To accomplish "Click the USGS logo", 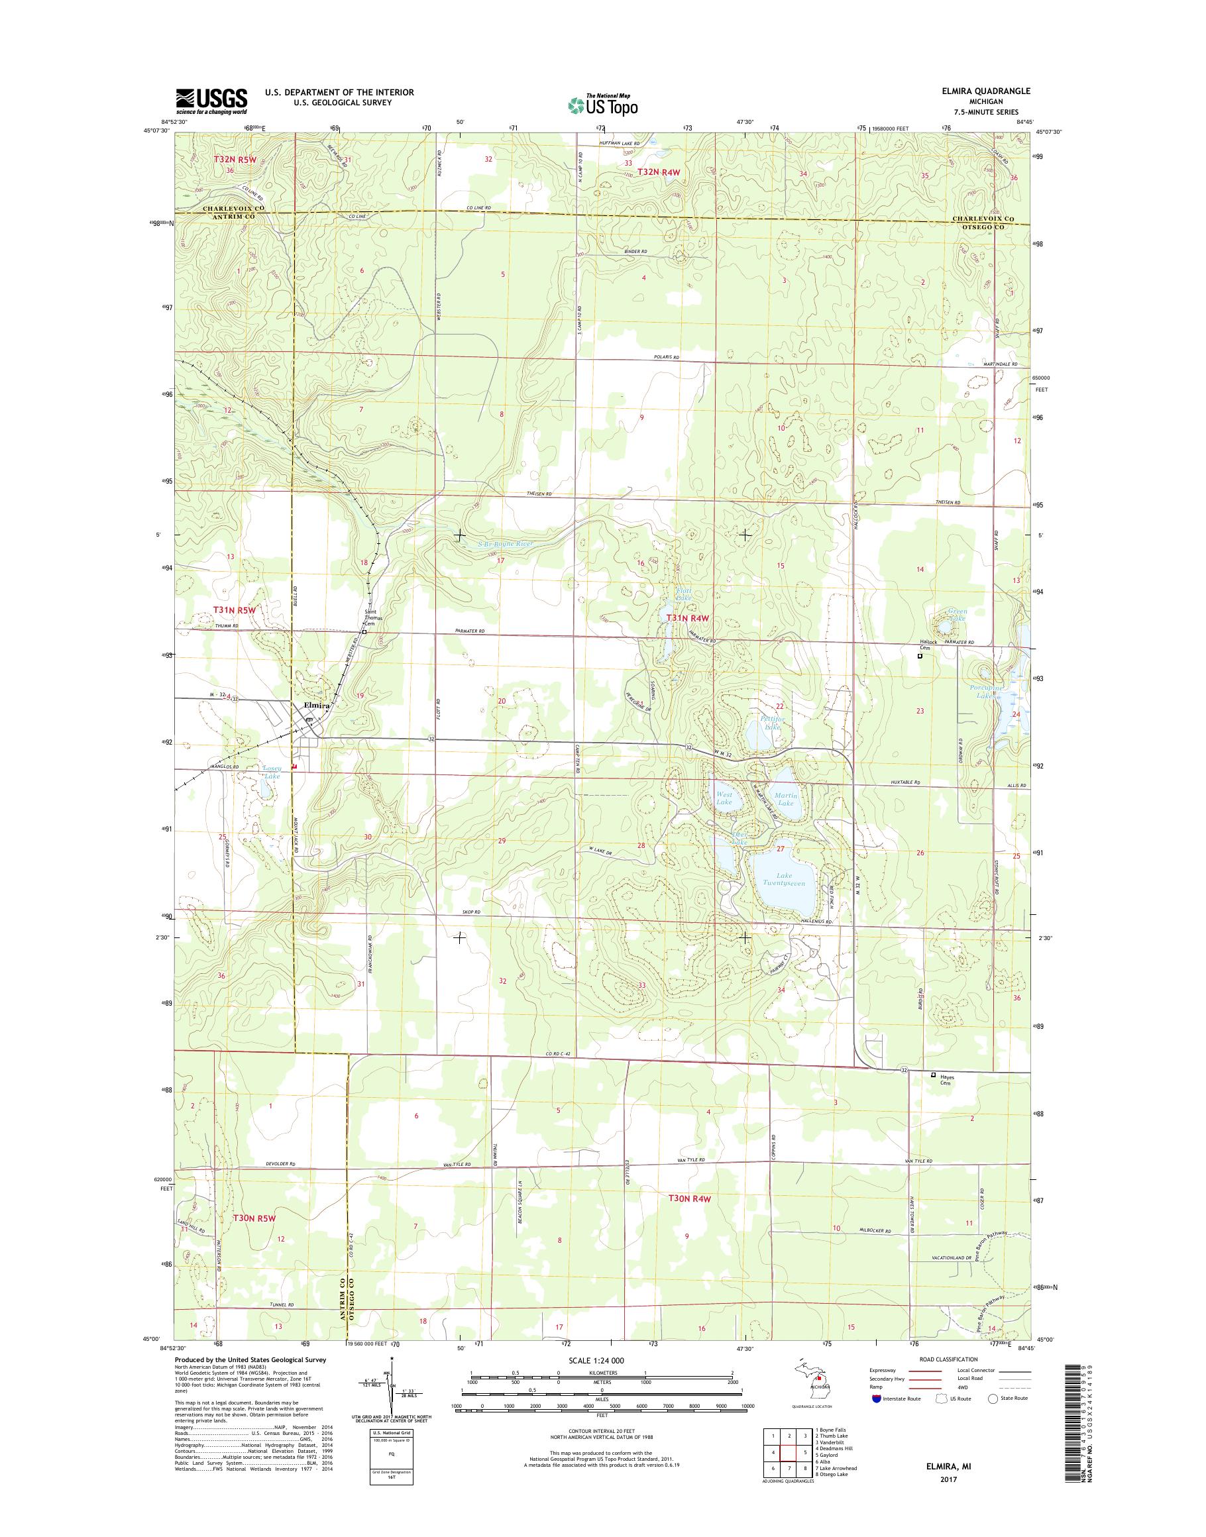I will [x=211, y=101].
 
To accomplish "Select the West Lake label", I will [x=724, y=798].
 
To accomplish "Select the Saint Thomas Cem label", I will [x=370, y=617].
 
